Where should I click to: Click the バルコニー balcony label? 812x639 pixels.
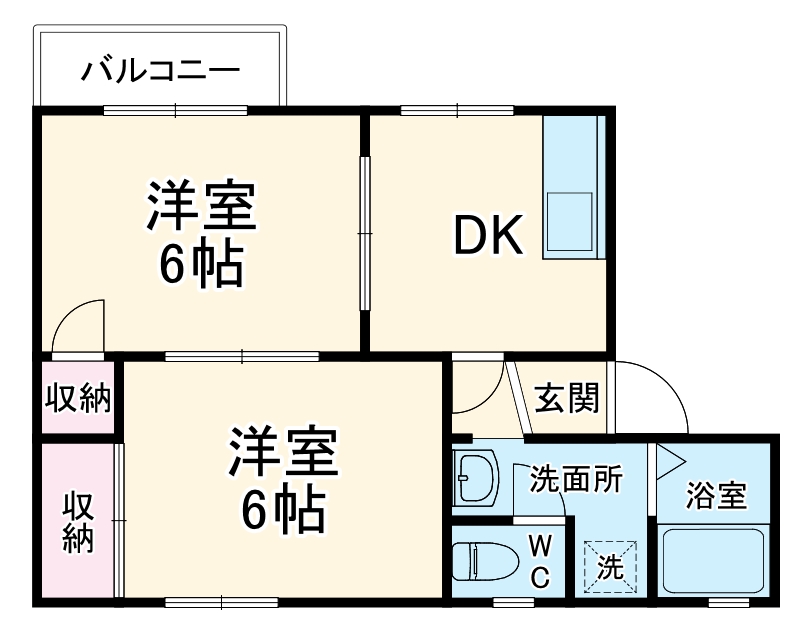pos(160,71)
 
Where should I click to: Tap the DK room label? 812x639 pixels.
pos(488,236)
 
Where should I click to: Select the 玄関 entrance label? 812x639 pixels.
pos(567,398)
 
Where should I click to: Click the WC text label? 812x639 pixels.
pos(539,561)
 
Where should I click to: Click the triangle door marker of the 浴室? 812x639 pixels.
pos(667,461)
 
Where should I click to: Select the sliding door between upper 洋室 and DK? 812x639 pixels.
pos(365,233)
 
